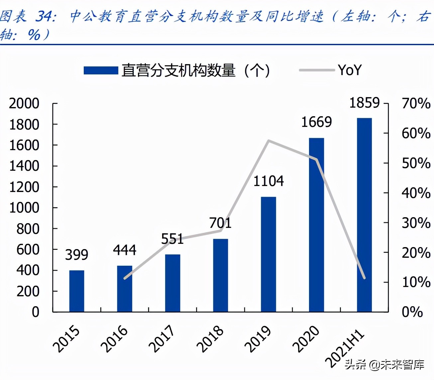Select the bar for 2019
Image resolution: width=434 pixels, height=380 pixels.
(269, 254)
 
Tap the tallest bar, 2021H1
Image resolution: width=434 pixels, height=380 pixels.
(364, 215)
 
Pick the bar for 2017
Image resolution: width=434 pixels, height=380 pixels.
(172, 283)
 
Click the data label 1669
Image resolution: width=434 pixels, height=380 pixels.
(316, 122)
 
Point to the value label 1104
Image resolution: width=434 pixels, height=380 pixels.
(269, 181)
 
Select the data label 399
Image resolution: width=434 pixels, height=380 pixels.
(76, 255)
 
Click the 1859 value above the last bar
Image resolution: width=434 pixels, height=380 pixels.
(364, 103)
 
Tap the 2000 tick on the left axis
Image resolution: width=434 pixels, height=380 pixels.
(24, 104)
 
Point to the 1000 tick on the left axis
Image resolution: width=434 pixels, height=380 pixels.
(24, 208)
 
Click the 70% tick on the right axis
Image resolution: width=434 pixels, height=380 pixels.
(416, 104)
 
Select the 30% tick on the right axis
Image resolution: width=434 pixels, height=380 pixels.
(416, 223)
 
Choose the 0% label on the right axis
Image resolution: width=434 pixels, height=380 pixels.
(412, 312)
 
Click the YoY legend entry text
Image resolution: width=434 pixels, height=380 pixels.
(350, 70)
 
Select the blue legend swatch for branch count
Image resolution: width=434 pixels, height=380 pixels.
(101, 70)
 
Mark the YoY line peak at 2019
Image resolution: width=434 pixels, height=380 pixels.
(269, 141)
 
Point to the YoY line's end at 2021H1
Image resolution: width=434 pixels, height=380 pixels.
(364, 278)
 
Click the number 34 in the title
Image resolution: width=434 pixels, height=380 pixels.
(45, 16)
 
